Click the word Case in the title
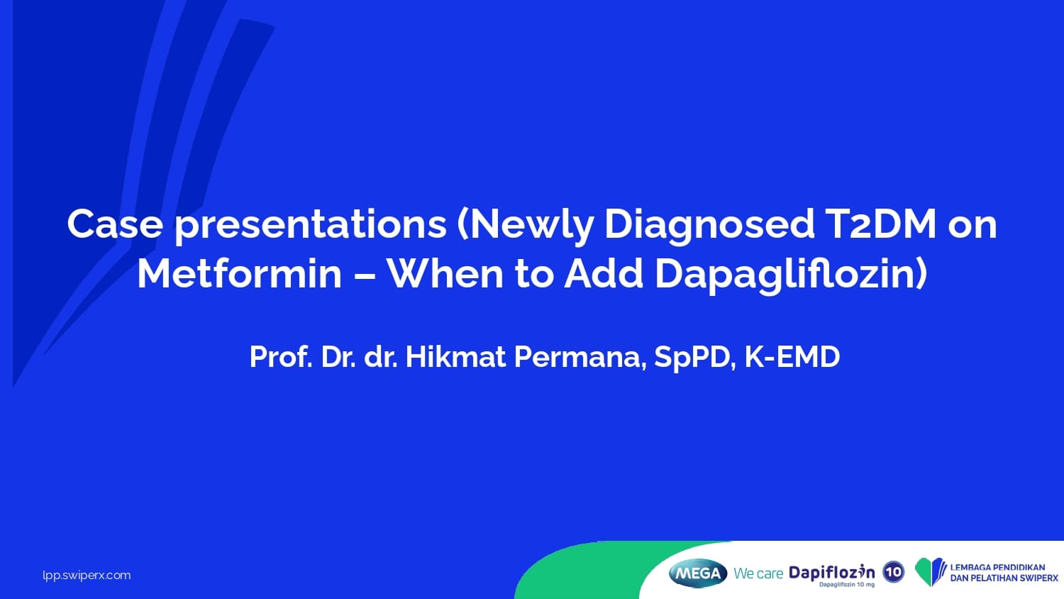click(x=114, y=224)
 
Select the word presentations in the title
click(x=311, y=227)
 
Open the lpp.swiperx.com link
click(x=87, y=576)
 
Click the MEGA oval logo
click(x=698, y=573)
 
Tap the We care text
click(x=758, y=573)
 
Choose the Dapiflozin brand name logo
click(x=832, y=573)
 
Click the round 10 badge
click(x=894, y=572)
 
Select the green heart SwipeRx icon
click(x=931, y=572)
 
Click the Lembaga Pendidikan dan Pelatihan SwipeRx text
click(x=1004, y=573)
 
